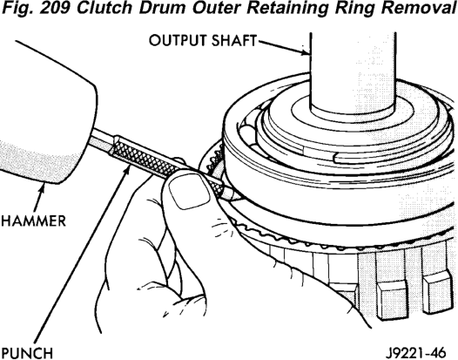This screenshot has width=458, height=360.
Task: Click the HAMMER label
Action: click(33, 221)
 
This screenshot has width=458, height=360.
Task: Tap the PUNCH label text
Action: click(27, 353)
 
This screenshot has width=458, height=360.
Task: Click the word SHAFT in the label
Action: click(234, 40)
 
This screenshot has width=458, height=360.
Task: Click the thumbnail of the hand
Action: click(190, 193)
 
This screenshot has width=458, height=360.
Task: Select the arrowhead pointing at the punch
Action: click(126, 170)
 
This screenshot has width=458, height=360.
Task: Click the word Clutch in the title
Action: click(104, 8)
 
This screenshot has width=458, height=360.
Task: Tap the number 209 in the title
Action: click(55, 8)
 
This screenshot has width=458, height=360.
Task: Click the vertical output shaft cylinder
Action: click(353, 73)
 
